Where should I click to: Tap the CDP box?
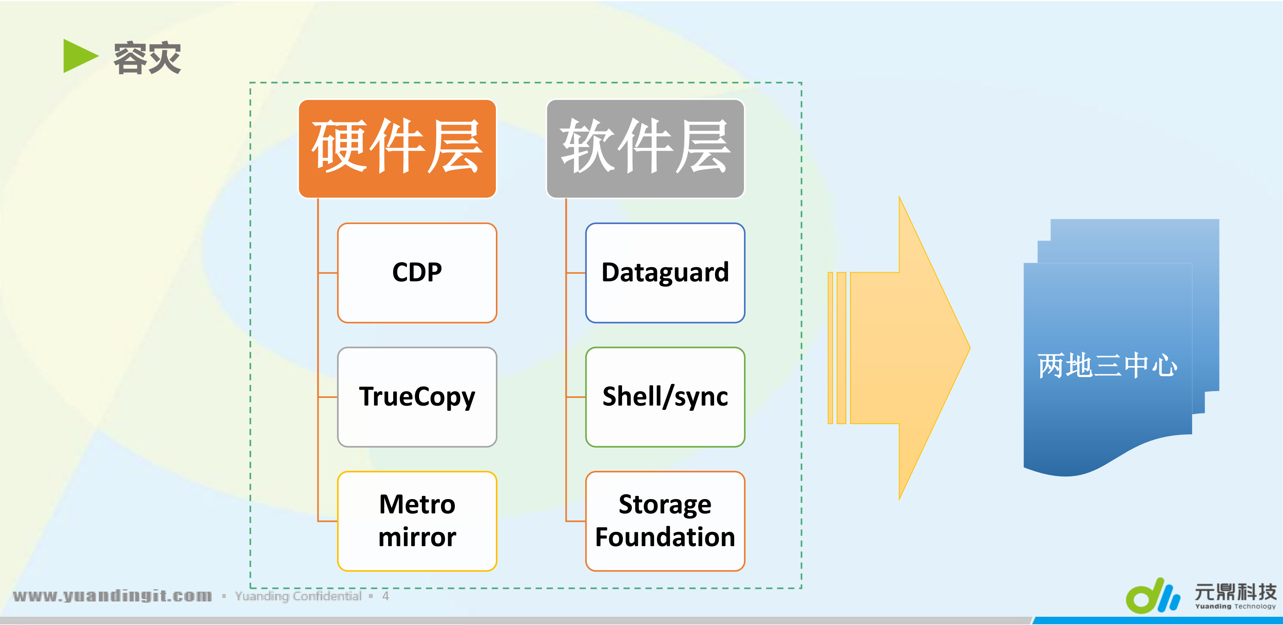click(417, 273)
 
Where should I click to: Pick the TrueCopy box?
click(417, 397)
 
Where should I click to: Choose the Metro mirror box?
click(417, 521)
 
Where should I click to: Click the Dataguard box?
click(665, 273)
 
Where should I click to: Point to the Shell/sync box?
click(665, 397)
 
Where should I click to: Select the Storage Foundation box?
click(665, 521)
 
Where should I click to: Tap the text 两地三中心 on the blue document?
click(1107, 365)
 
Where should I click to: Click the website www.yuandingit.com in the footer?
click(113, 596)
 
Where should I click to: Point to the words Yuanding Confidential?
click(298, 596)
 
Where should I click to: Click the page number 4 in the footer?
click(385, 596)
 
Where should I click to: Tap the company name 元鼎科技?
click(1235, 592)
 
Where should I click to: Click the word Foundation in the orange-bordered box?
click(665, 537)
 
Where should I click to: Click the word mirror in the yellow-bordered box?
click(417, 537)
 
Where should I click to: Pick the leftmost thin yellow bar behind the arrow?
click(830, 348)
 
